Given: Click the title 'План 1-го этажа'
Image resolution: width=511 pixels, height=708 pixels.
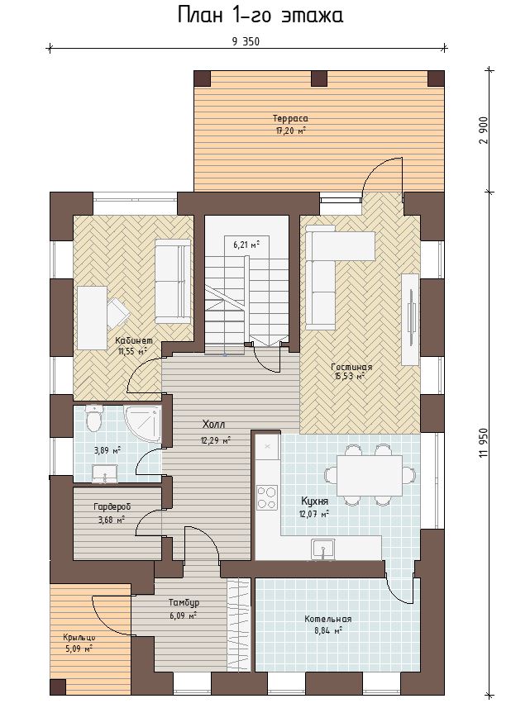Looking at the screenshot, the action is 260,15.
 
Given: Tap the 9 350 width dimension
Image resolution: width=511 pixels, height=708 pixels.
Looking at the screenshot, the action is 246,41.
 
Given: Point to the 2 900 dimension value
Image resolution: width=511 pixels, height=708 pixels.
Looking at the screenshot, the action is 484,130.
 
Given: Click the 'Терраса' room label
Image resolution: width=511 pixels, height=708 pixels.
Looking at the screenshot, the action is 290,118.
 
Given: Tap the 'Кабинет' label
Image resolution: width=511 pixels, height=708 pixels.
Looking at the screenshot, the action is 134,340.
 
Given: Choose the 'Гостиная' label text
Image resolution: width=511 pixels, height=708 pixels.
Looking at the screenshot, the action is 351,367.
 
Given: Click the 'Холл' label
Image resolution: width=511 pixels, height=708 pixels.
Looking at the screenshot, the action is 213,425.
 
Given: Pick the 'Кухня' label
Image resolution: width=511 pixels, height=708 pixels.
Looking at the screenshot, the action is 314,501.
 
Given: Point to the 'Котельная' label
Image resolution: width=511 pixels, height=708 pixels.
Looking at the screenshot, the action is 328,619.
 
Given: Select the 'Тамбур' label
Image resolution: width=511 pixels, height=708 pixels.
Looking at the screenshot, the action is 184,603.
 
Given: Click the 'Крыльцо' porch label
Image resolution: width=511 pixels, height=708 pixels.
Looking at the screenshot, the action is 79,638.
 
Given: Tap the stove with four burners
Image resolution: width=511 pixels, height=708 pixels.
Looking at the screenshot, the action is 267,497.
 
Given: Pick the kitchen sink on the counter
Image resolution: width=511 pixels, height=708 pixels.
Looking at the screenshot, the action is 322,549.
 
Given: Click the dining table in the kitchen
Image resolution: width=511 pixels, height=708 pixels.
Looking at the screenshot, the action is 370,475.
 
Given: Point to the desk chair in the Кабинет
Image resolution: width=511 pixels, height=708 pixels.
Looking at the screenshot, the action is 117,312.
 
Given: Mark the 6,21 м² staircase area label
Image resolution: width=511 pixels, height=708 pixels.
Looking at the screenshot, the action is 246,245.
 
